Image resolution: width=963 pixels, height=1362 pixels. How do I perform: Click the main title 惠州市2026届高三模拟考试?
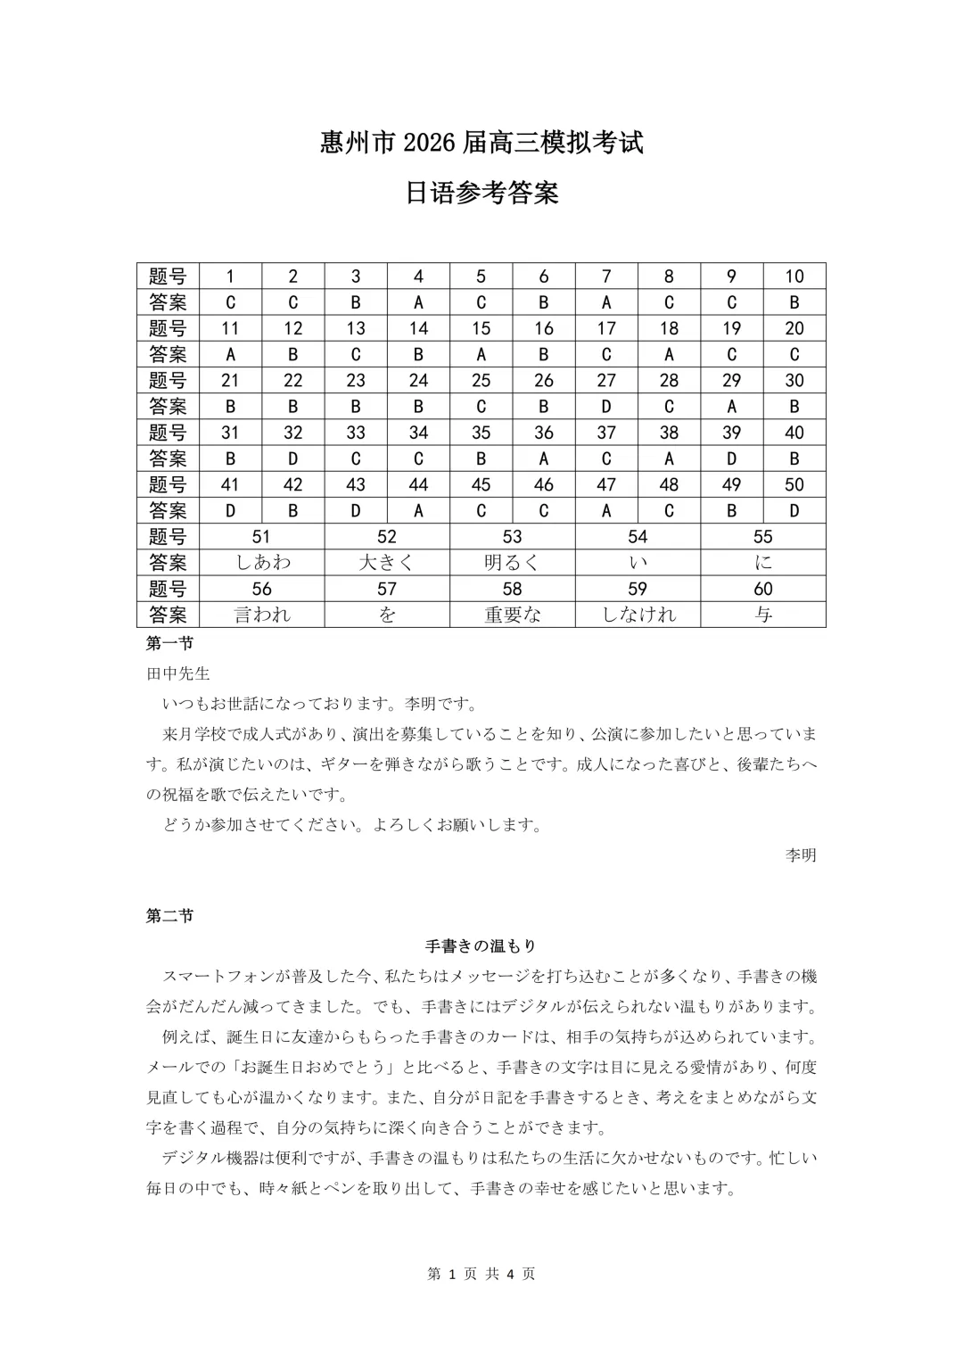coord(481,143)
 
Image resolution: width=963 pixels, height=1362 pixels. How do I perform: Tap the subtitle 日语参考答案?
coord(481,194)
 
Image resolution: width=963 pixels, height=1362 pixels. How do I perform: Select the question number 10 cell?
coord(794,277)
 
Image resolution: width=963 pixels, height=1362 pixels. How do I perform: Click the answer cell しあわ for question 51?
coord(262,563)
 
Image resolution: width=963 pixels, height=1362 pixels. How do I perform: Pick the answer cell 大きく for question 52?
coord(387,563)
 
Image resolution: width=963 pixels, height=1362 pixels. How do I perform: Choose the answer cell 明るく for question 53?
coord(512,563)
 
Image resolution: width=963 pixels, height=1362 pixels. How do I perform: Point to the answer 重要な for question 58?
coord(512,615)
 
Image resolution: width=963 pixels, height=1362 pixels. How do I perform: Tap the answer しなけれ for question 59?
coord(638,615)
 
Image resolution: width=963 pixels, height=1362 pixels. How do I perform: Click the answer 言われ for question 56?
coord(262,615)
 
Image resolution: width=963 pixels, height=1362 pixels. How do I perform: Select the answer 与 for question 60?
coord(763,615)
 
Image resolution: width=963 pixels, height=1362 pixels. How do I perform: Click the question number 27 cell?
coord(606,380)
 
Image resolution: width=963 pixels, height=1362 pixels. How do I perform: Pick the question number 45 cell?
coord(481,484)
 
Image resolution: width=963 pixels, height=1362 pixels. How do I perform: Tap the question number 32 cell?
coord(292,433)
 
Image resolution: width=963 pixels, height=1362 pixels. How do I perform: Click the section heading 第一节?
coord(169,643)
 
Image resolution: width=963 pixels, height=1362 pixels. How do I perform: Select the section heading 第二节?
coord(169,916)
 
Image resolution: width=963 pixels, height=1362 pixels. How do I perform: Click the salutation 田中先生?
coord(177,673)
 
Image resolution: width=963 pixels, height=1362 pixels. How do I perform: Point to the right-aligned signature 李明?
coord(800,855)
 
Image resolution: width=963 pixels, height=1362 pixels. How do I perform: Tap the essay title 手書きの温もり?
coord(481,945)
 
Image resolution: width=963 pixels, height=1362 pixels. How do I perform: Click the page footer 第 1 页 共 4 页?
coord(481,1274)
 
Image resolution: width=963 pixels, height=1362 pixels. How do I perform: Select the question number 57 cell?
coord(387,589)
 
